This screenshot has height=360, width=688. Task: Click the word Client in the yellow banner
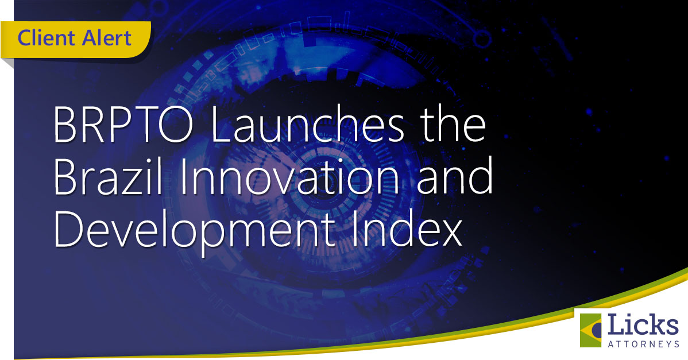[46, 38]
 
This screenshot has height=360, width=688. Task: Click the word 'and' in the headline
[455, 175]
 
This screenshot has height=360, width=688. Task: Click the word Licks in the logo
[643, 326]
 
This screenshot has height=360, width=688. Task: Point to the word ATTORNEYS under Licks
[643, 344]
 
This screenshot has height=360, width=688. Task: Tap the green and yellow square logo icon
[590, 330]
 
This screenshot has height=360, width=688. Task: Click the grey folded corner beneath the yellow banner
[7, 62]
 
